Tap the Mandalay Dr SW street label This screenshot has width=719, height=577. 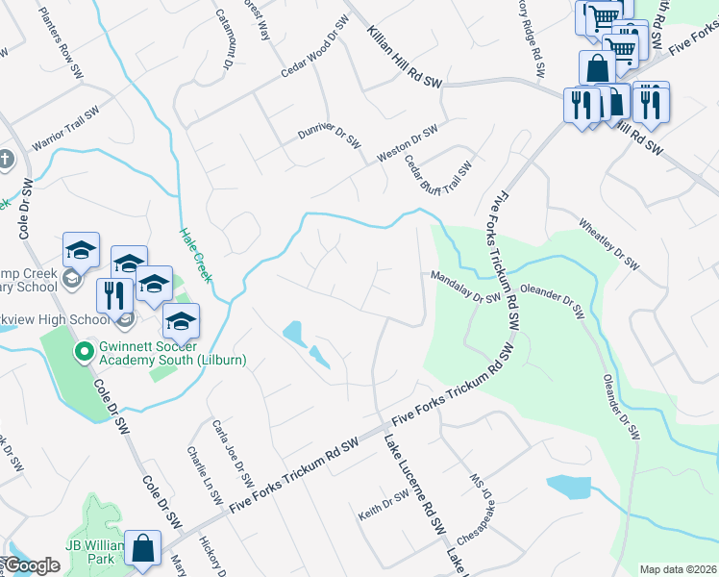pos(466,287)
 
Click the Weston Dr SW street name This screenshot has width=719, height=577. pos(407,141)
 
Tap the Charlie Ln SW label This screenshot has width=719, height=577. pos(205,476)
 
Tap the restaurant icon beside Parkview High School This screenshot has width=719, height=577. pos(113,296)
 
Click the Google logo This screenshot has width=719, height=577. pos(31,565)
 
